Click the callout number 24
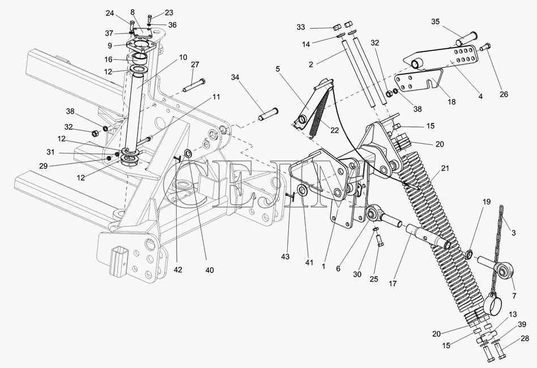click(109, 14)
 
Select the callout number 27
click(195, 65)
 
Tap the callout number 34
click(235, 78)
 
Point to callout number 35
click(435, 22)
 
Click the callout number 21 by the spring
click(445, 168)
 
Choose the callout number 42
click(177, 269)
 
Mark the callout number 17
click(393, 284)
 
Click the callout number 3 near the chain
click(513, 233)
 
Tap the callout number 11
click(216, 97)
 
